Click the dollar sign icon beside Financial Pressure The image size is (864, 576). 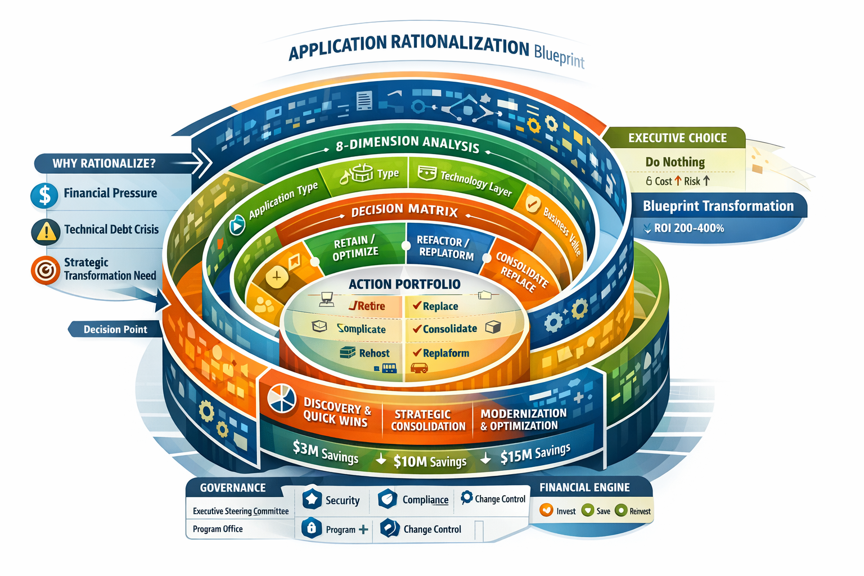[x=44, y=195]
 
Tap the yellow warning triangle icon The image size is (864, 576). [x=46, y=231]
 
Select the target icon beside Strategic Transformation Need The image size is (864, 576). [x=45, y=269]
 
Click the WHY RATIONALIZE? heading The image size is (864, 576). [x=103, y=164]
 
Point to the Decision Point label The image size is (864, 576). [x=115, y=330]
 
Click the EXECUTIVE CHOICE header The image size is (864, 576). [x=677, y=138]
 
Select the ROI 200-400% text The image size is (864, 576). [x=688, y=228]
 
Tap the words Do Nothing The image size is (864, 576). [x=675, y=162]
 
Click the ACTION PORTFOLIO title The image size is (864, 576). [x=404, y=284]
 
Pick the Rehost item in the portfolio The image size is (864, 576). [x=374, y=353]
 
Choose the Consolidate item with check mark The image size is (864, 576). [x=449, y=328]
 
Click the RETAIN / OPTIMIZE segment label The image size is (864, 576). [x=355, y=248]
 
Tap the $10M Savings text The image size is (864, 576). [x=430, y=462]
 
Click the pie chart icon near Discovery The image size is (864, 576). [x=282, y=398]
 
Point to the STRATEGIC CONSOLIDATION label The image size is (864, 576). [x=428, y=420]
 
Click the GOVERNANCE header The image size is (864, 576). [x=233, y=488]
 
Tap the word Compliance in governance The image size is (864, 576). [x=425, y=499]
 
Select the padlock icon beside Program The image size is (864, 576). [x=311, y=528]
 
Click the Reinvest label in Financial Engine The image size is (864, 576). [x=640, y=511]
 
